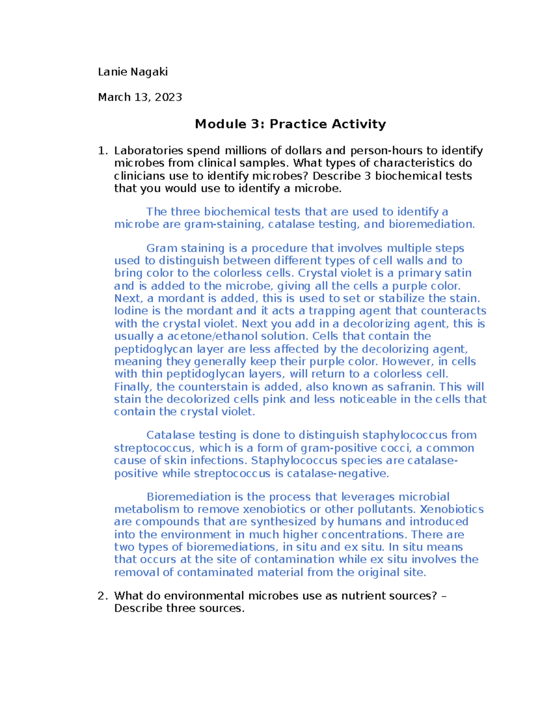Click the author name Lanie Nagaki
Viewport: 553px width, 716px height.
[x=133, y=72]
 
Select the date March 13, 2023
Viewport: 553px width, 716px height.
[x=140, y=97]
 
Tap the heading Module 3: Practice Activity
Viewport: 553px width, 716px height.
[x=290, y=124]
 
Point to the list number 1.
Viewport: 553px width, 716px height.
[x=102, y=151]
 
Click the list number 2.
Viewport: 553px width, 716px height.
[x=102, y=596]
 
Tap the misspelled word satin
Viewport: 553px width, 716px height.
[x=458, y=273]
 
